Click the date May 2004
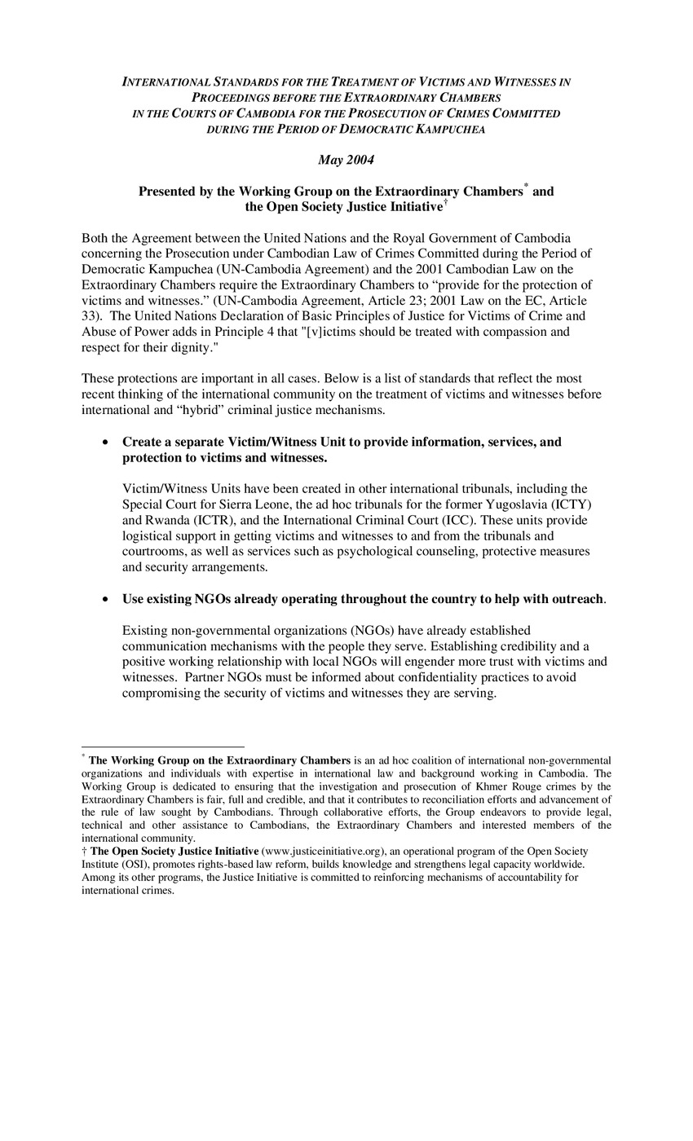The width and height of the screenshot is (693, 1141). pos(346,160)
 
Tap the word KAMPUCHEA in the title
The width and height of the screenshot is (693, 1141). pos(450,130)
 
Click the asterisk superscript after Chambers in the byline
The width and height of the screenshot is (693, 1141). pos(526,187)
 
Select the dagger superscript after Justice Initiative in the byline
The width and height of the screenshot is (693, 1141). pos(445,202)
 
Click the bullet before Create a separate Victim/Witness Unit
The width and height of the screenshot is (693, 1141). pos(105,443)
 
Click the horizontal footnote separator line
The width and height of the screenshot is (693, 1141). pos(163,747)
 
